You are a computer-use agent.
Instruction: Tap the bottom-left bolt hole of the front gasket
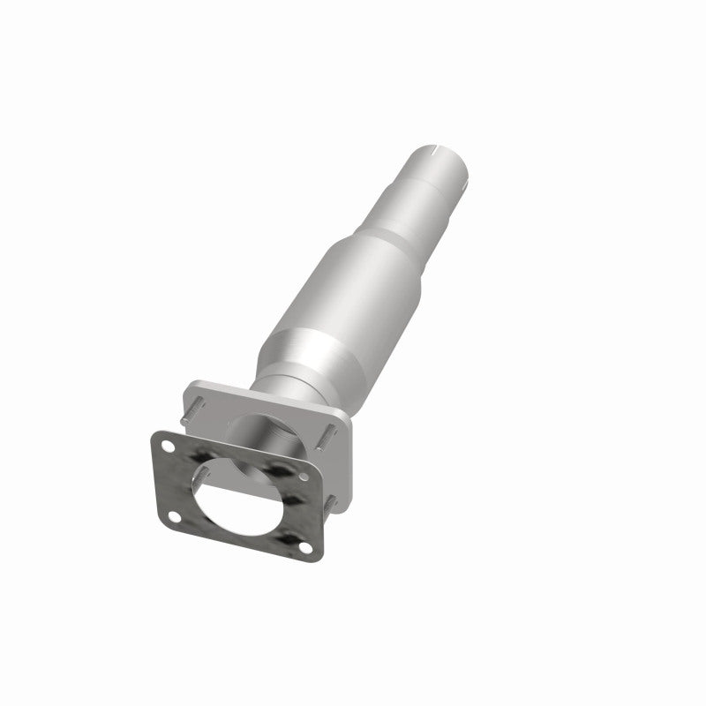[173, 516]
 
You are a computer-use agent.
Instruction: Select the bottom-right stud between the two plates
[333, 503]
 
